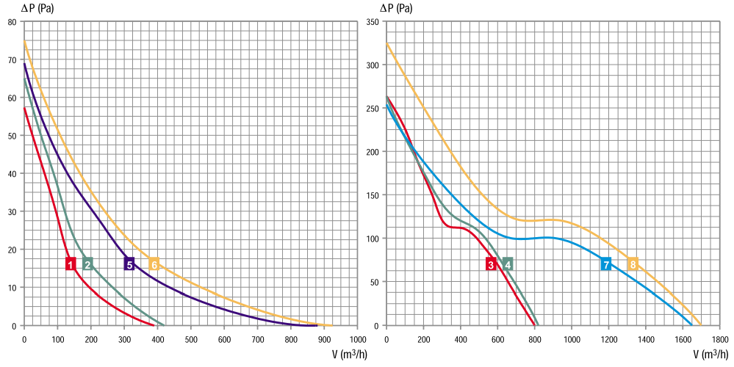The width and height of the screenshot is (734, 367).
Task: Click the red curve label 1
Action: [x=71, y=264]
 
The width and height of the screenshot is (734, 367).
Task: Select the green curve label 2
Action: [x=87, y=264]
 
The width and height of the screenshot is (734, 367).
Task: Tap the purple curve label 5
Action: [x=129, y=264]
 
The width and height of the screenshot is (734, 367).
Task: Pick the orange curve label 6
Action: [x=154, y=264]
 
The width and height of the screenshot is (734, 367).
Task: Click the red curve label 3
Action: [x=491, y=264]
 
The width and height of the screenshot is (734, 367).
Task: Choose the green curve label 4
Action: [x=508, y=264]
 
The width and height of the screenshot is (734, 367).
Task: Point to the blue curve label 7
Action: [x=605, y=264]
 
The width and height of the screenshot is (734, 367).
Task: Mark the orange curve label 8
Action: [x=633, y=264]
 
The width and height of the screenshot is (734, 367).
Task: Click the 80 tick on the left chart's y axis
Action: [x=12, y=22]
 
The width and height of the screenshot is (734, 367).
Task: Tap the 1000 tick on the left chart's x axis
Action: [x=358, y=339]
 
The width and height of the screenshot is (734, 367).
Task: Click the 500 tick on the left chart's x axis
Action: [x=191, y=339]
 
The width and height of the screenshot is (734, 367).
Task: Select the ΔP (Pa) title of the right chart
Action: [x=396, y=8]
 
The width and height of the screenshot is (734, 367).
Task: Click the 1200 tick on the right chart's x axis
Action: [x=608, y=339]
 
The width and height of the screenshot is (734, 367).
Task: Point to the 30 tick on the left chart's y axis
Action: [x=12, y=212]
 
